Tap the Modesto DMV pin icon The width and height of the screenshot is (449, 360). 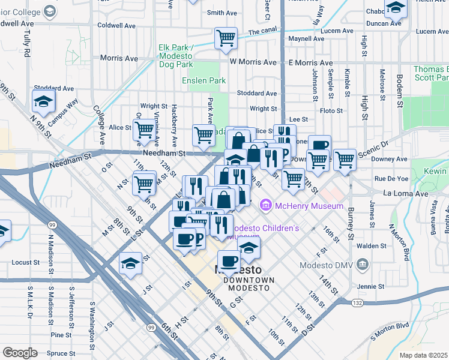tap(362, 264)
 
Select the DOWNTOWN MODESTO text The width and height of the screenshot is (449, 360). tap(249, 284)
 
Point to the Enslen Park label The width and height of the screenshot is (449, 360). tap(204, 80)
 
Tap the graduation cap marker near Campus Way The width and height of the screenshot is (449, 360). tap(43, 103)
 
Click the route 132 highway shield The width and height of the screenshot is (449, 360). tap(357, 303)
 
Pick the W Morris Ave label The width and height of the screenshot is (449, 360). tap(256, 62)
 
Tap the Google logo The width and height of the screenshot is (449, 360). tap(20, 352)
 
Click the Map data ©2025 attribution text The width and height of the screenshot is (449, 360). tap(423, 355)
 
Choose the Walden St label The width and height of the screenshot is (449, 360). tap(372, 246)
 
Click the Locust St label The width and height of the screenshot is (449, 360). tap(25, 263)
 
